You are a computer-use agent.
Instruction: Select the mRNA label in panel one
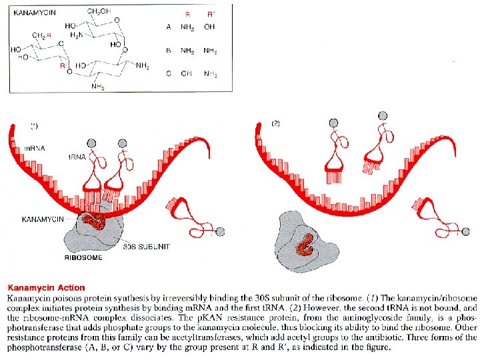(x=35, y=148)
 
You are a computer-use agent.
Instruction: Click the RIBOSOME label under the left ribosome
(x=84, y=257)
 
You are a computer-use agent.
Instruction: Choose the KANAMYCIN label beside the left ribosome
(x=43, y=219)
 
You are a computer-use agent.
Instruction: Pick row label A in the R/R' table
(x=169, y=27)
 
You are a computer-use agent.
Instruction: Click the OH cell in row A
(x=209, y=27)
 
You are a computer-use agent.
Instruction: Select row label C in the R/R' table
(x=169, y=73)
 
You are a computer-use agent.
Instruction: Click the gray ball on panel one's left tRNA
(x=92, y=145)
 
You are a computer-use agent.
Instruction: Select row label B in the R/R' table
(x=169, y=50)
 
